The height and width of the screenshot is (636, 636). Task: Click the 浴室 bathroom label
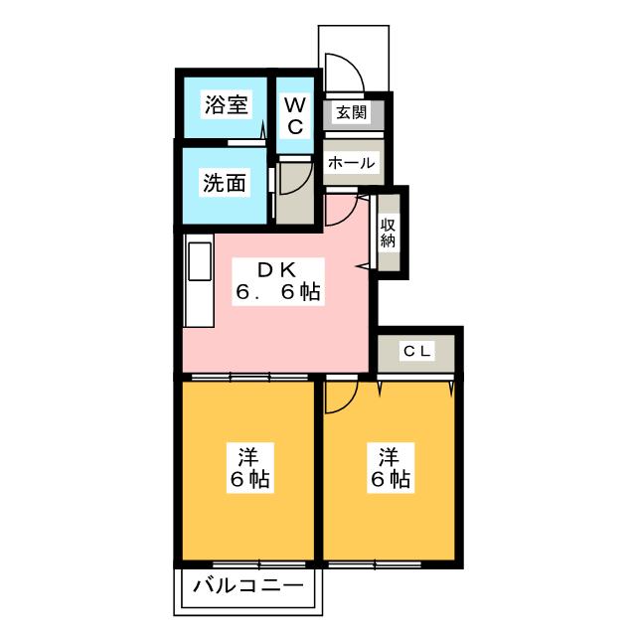[226, 105]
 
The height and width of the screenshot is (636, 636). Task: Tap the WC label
[296, 115]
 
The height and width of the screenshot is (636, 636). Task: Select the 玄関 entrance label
[350, 112]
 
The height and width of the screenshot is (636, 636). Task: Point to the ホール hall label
[350, 163]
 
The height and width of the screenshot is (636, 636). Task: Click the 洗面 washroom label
[225, 183]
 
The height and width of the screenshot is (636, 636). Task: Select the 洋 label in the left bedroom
[249, 458]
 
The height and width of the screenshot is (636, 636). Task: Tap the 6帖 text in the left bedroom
[249, 480]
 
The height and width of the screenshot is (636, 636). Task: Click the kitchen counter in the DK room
[197, 283]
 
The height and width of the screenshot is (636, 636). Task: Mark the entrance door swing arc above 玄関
[342, 72]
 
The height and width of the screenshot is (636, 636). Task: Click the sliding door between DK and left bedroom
[248, 378]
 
